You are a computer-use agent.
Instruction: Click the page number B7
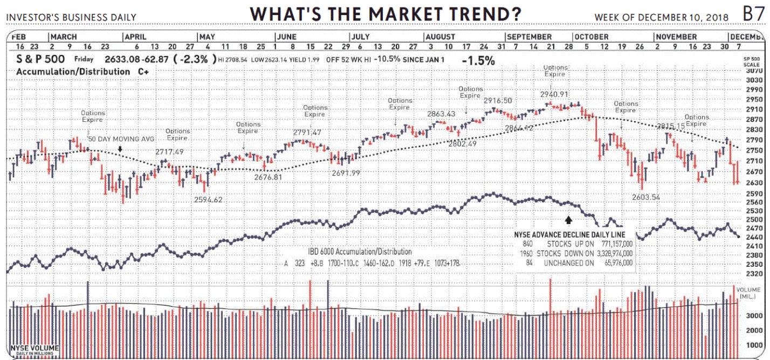pyautogui.click(x=753, y=14)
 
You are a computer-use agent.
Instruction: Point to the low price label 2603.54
pyautogui.click(x=645, y=197)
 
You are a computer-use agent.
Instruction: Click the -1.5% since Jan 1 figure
pyautogui.click(x=478, y=61)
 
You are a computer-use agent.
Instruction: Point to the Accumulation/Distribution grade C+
pyautogui.click(x=143, y=71)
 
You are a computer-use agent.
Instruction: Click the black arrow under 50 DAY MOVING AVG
pyautogui.click(x=120, y=148)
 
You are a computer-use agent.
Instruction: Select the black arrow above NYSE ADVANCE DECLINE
pyautogui.click(x=568, y=220)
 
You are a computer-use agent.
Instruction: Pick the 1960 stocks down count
pyautogui.click(x=527, y=253)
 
